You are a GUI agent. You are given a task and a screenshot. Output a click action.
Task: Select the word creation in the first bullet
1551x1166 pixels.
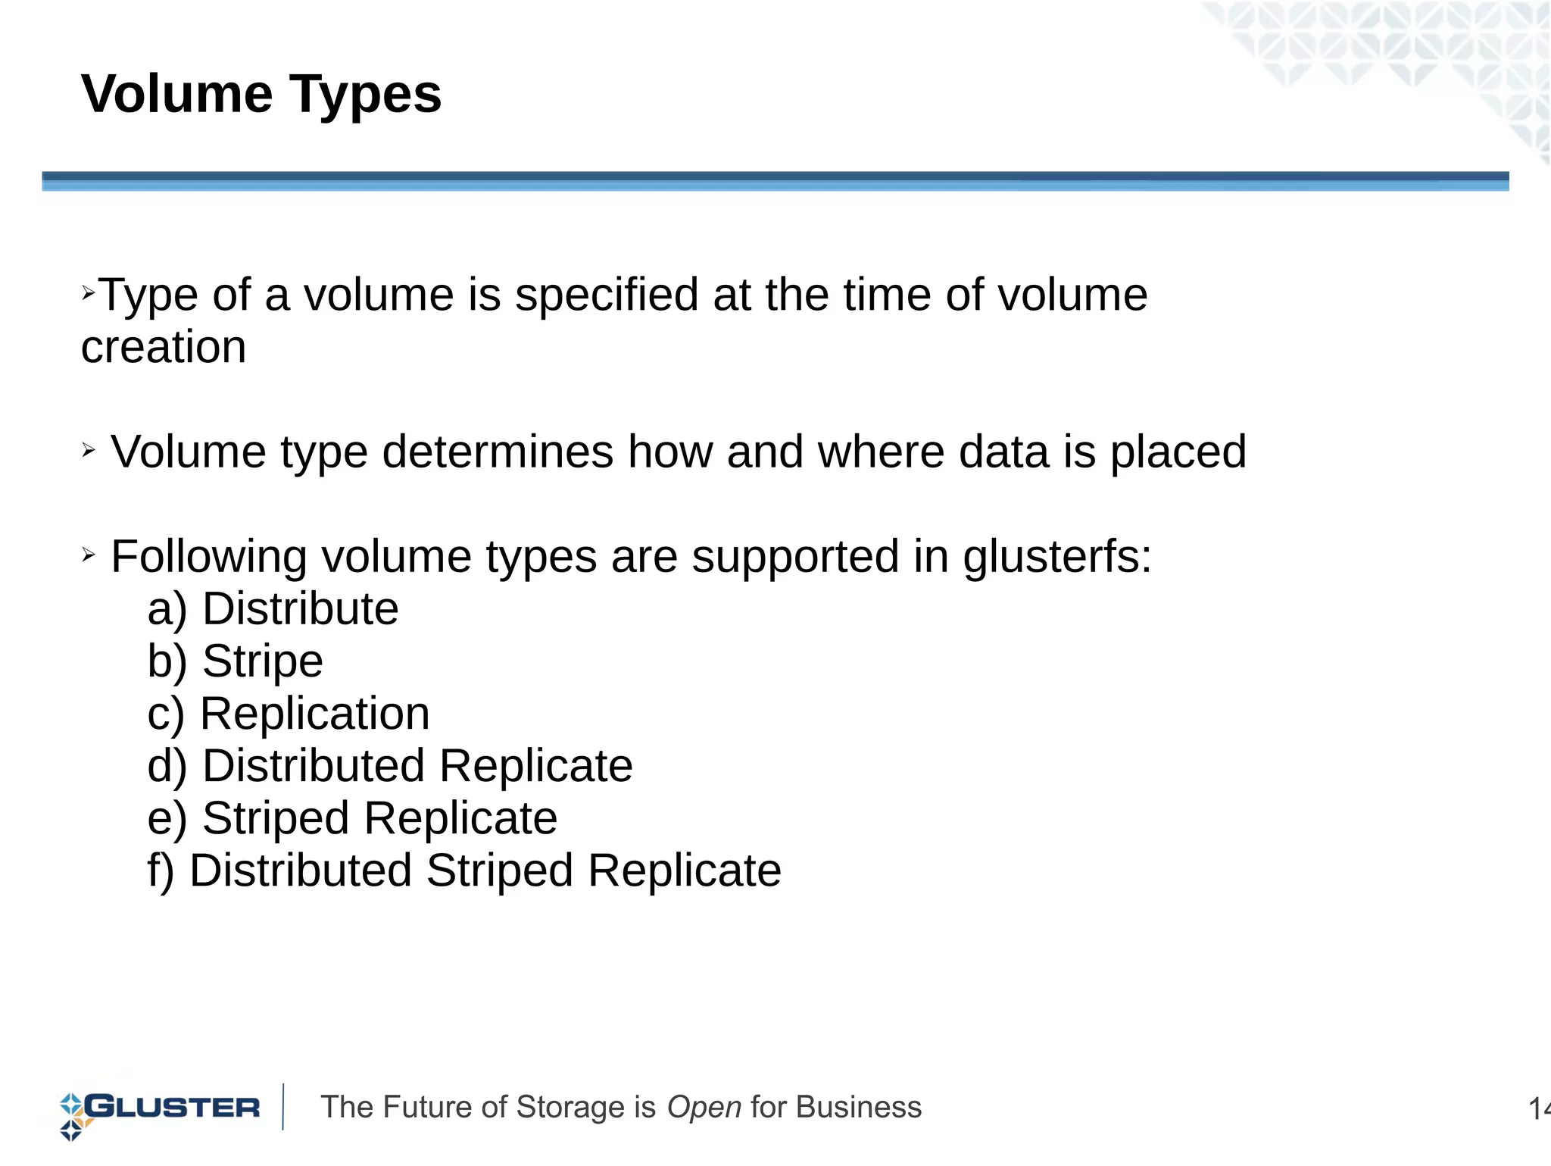click(x=164, y=347)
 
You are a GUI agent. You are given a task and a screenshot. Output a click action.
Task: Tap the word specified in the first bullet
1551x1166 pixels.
click(x=606, y=295)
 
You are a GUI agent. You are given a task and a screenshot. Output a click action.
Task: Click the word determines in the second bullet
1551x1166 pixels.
click(x=498, y=452)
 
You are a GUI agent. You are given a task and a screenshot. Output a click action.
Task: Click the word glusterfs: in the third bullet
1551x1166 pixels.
click(x=1057, y=557)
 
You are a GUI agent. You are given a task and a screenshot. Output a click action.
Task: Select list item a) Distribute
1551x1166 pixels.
click(x=273, y=609)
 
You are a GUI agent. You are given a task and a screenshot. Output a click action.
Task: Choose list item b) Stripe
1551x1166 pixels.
click(x=235, y=661)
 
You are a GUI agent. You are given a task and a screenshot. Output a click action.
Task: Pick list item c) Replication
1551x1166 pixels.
click(x=289, y=714)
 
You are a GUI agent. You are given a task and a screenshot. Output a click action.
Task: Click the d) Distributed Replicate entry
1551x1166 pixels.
click(x=389, y=766)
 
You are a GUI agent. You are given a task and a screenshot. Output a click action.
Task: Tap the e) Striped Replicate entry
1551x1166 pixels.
click(x=352, y=818)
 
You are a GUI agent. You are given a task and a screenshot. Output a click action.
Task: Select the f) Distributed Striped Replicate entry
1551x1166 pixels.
click(x=463, y=871)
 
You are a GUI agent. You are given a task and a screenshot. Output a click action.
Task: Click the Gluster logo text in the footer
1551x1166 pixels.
click(x=173, y=1107)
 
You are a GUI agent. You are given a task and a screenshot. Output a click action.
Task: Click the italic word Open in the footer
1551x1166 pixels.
click(x=704, y=1108)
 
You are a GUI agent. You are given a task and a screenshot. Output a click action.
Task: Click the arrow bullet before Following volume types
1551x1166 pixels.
click(x=89, y=555)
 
